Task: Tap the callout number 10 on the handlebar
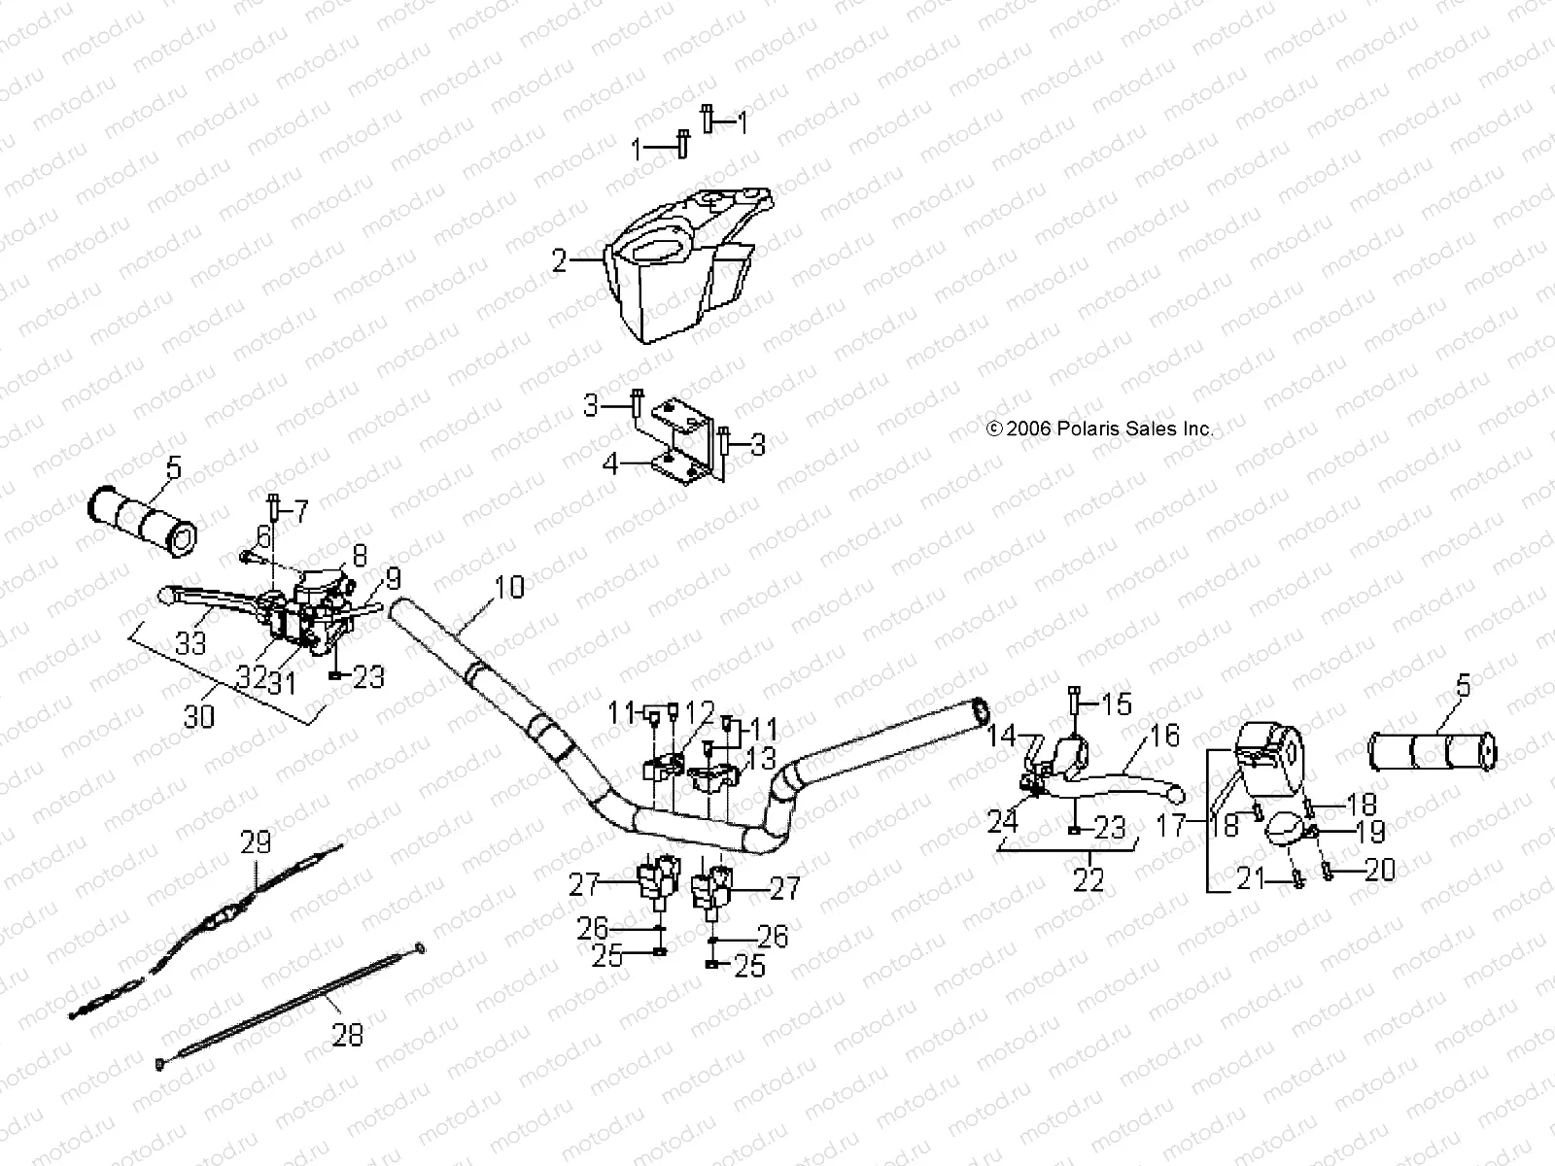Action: (508, 587)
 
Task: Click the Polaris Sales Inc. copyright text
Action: (1099, 429)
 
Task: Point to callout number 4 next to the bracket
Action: (610, 463)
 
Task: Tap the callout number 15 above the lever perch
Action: (1117, 703)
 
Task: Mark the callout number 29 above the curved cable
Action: (256, 842)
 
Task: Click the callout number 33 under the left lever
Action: (191, 642)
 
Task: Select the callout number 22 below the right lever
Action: (1089, 880)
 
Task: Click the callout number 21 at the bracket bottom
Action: (1251, 879)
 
